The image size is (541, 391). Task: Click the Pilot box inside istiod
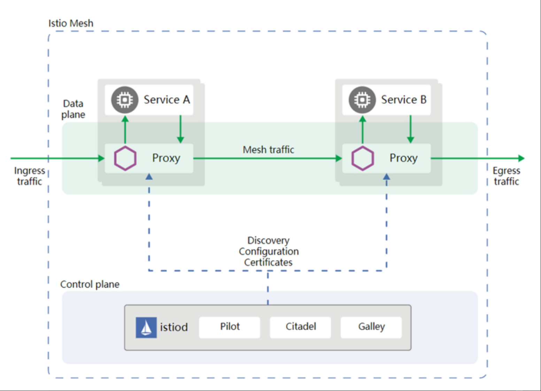pos(230,327)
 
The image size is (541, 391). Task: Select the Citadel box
pos(300,327)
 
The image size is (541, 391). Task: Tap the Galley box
pos(371,327)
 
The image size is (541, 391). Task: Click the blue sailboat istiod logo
pos(146,328)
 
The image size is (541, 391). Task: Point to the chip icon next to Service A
pos(125,100)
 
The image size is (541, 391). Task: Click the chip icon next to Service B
pos(362,100)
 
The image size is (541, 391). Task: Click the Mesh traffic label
pos(268,149)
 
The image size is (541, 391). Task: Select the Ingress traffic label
pos(30,176)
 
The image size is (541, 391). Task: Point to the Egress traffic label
pos(507,176)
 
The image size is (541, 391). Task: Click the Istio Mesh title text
pos(71,23)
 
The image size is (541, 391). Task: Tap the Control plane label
pos(90,284)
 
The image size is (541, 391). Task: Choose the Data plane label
pos(73,109)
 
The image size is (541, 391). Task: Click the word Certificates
pos(268,262)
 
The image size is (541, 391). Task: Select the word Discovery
pos(268,241)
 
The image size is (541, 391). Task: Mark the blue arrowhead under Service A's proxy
pos(149,177)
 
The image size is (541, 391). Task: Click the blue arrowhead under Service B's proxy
pos(387,177)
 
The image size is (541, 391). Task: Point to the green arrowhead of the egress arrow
pos(521,159)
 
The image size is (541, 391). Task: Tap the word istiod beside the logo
pos(174,327)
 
